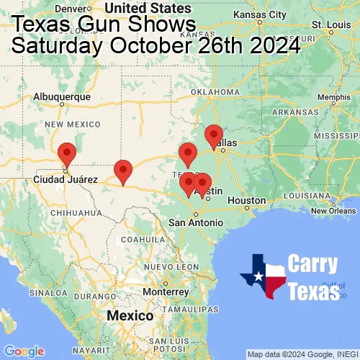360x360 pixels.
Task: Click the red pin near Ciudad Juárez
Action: click(x=66, y=154)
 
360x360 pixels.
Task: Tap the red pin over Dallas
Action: click(x=213, y=135)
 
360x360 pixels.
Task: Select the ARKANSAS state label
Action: click(x=294, y=112)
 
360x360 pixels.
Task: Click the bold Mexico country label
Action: click(x=130, y=316)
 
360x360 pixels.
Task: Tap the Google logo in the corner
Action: click(x=24, y=351)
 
